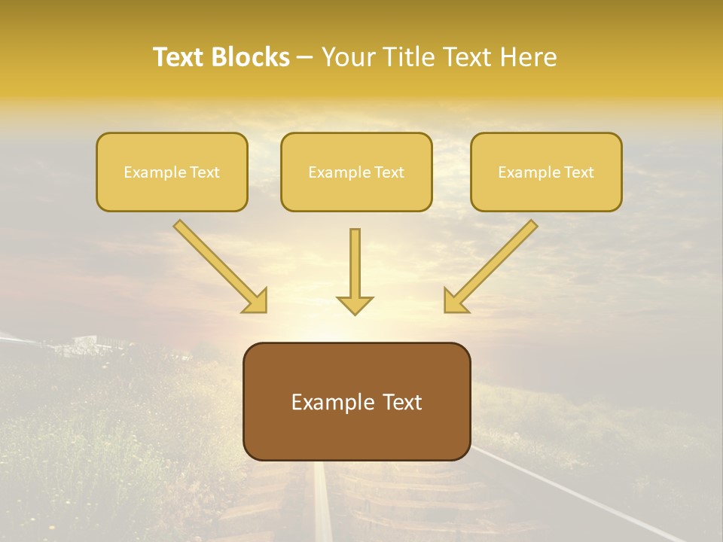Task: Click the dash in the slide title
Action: tap(305, 58)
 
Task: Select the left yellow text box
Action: tap(172, 172)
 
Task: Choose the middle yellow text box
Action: tap(356, 172)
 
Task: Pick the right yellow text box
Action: tap(546, 172)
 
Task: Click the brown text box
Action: tap(356, 401)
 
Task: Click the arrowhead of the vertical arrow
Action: tap(355, 305)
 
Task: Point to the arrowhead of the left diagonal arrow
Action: tap(256, 301)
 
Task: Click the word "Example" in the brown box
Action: tap(333, 402)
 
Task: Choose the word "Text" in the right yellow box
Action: tap(578, 172)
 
